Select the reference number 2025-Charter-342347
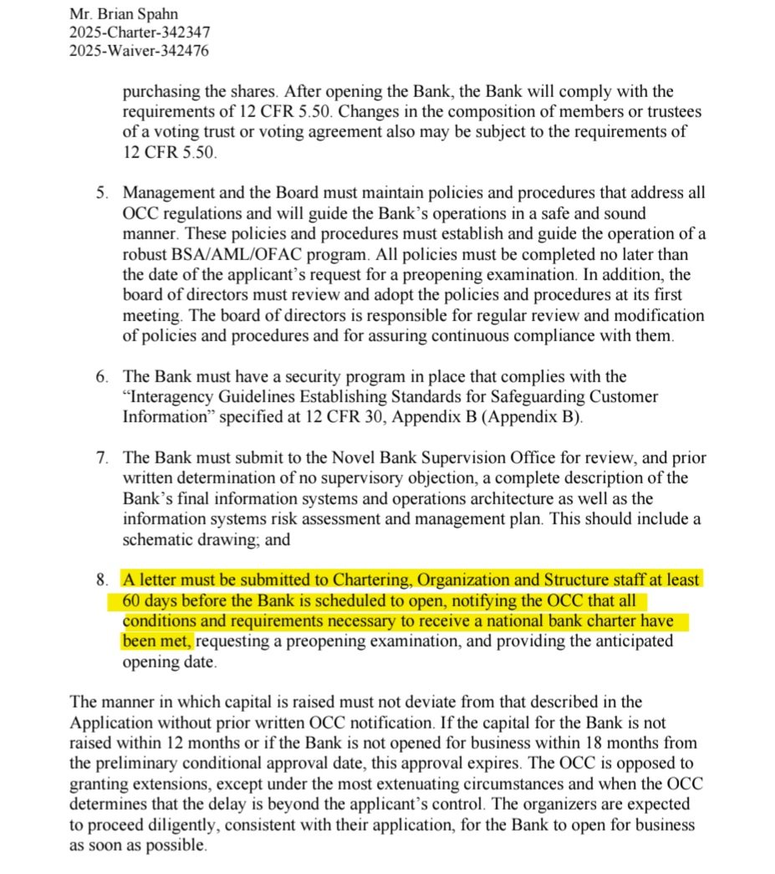pyautogui.click(x=140, y=33)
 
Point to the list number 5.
pyautogui.click(x=100, y=193)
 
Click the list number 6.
pyautogui.click(x=100, y=377)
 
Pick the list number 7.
pyautogui.click(x=100, y=457)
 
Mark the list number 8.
pyautogui.click(x=100, y=579)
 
